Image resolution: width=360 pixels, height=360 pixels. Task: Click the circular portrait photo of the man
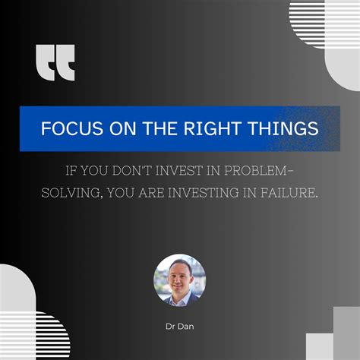(180, 279)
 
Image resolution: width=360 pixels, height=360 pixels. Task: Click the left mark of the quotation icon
(45, 63)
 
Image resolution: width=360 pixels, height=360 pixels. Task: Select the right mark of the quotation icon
(67, 63)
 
